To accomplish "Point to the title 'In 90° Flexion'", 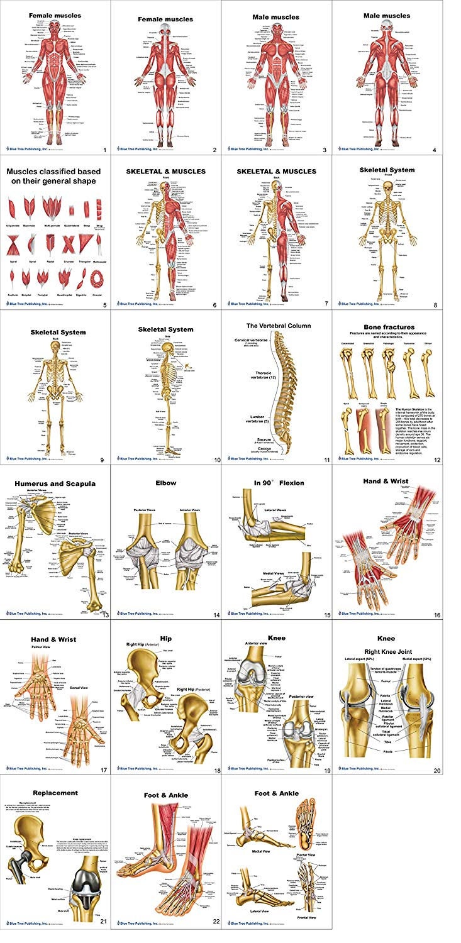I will click(x=277, y=483).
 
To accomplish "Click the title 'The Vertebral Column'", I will click(x=277, y=326).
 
